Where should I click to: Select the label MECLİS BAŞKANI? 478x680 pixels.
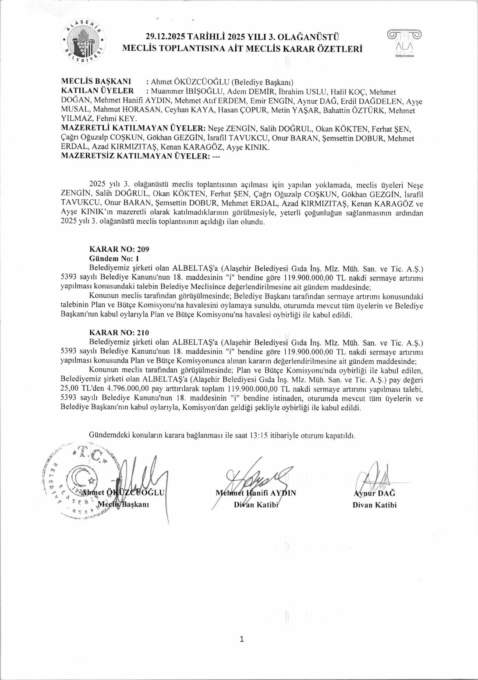(x=96, y=81)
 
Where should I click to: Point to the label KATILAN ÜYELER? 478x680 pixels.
(x=97, y=91)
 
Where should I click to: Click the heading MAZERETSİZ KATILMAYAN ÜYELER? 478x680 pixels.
(x=135, y=156)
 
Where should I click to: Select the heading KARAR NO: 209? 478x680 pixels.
(x=119, y=249)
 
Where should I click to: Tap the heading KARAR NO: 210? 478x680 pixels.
(x=119, y=332)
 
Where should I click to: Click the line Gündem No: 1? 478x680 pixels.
(x=114, y=258)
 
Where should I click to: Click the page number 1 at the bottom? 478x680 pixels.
(x=241, y=639)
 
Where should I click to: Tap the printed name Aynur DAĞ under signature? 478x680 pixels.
(x=374, y=493)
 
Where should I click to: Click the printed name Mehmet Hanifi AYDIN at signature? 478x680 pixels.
(x=256, y=493)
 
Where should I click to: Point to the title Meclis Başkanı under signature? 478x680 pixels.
(x=123, y=504)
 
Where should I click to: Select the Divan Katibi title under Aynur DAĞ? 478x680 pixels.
(x=374, y=505)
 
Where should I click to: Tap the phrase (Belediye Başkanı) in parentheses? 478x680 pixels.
(x=262, y=82)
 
